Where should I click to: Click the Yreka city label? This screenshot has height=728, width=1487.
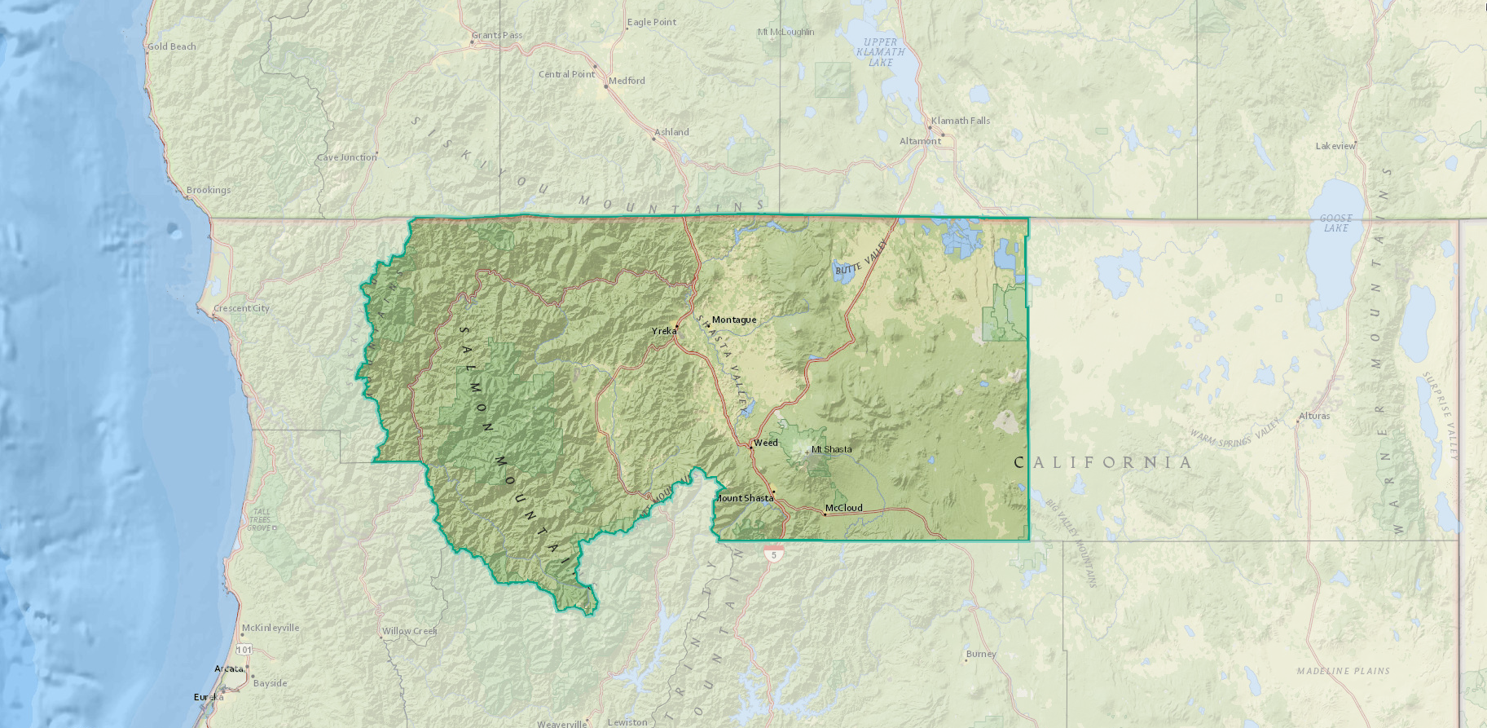[664, 331]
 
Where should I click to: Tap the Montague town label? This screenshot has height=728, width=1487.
[734, 320]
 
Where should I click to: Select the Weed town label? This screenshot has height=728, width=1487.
[766, 443]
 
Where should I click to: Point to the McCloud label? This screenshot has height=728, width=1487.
[843, 508]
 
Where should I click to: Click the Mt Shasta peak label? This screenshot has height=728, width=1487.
[831, 449]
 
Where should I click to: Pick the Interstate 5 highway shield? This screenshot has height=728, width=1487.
[774, 554]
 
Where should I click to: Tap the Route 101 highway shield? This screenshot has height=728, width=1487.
[244, 650]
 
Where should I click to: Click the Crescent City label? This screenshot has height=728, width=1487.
[241, 308]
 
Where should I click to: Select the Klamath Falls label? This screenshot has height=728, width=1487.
[961, 121]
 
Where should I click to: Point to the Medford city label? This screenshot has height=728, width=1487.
[627, 81]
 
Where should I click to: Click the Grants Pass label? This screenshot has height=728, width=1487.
[497, 35]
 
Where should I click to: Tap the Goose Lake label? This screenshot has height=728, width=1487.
[1335, 223]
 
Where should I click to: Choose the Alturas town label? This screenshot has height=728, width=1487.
[1314, 416]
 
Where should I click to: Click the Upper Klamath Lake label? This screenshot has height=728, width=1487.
[880, 52]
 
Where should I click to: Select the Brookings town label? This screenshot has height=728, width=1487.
[209, 190]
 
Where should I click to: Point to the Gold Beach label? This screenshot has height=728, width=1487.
[172, 46]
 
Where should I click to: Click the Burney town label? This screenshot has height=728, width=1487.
[981, 654]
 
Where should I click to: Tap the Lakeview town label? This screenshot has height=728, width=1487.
[1335, 146]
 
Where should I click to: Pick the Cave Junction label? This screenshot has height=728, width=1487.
[347, 157]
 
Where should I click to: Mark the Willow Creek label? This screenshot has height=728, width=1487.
[410, 631]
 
